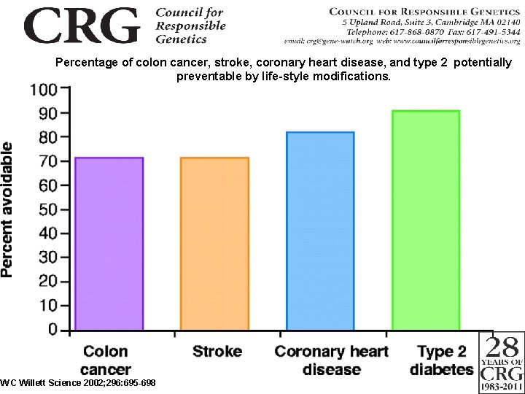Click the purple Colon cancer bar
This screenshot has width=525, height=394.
pos(109,244)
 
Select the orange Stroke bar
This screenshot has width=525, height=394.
pos(214,244)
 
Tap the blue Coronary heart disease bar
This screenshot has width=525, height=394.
pos(320,231)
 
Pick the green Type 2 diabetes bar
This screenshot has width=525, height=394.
pos(426,220)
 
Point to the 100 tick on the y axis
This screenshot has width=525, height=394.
pos(44,90)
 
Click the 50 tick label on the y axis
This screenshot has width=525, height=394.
pos(48,209)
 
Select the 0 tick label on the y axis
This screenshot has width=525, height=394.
pos(53,329)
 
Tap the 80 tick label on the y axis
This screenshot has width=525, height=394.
pos(48,137)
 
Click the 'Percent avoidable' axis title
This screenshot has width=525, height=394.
pos(7,209)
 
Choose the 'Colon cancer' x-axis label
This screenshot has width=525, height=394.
pos(106,360)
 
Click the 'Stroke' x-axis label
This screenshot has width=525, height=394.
pos(217,352)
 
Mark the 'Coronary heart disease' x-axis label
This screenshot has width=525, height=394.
pos(332,360)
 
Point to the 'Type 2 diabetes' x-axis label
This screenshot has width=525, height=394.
pos(441,360)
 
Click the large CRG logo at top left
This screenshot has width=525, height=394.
pos(81,26)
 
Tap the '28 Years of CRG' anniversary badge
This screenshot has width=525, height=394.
pos(502,363)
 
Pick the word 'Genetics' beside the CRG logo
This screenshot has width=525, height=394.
pos(182,39)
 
